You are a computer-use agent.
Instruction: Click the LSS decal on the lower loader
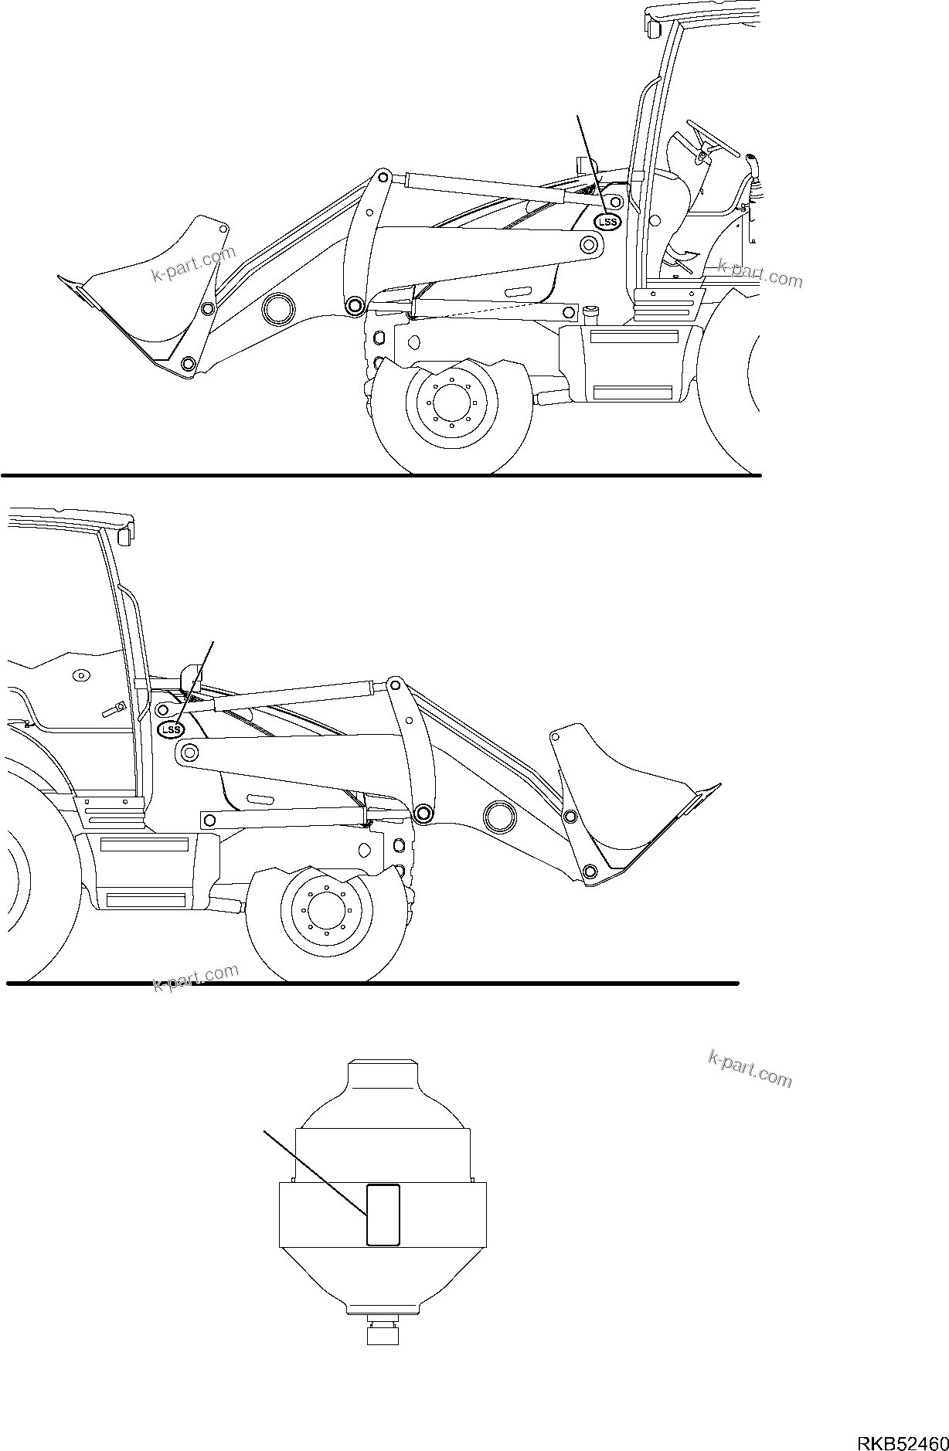click(x=169, y=729)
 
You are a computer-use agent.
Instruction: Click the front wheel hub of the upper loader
click(x=447, y=402)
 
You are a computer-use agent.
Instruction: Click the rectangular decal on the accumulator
click(x=383, y=1215)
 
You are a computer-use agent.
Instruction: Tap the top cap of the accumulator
click(x=383, y=1073)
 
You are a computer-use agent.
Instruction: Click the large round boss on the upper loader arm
click(x=279, y=308)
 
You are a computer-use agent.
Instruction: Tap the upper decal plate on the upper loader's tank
click(x=634, y=336)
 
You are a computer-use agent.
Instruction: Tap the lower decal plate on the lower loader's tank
click(x=145, y=899)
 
